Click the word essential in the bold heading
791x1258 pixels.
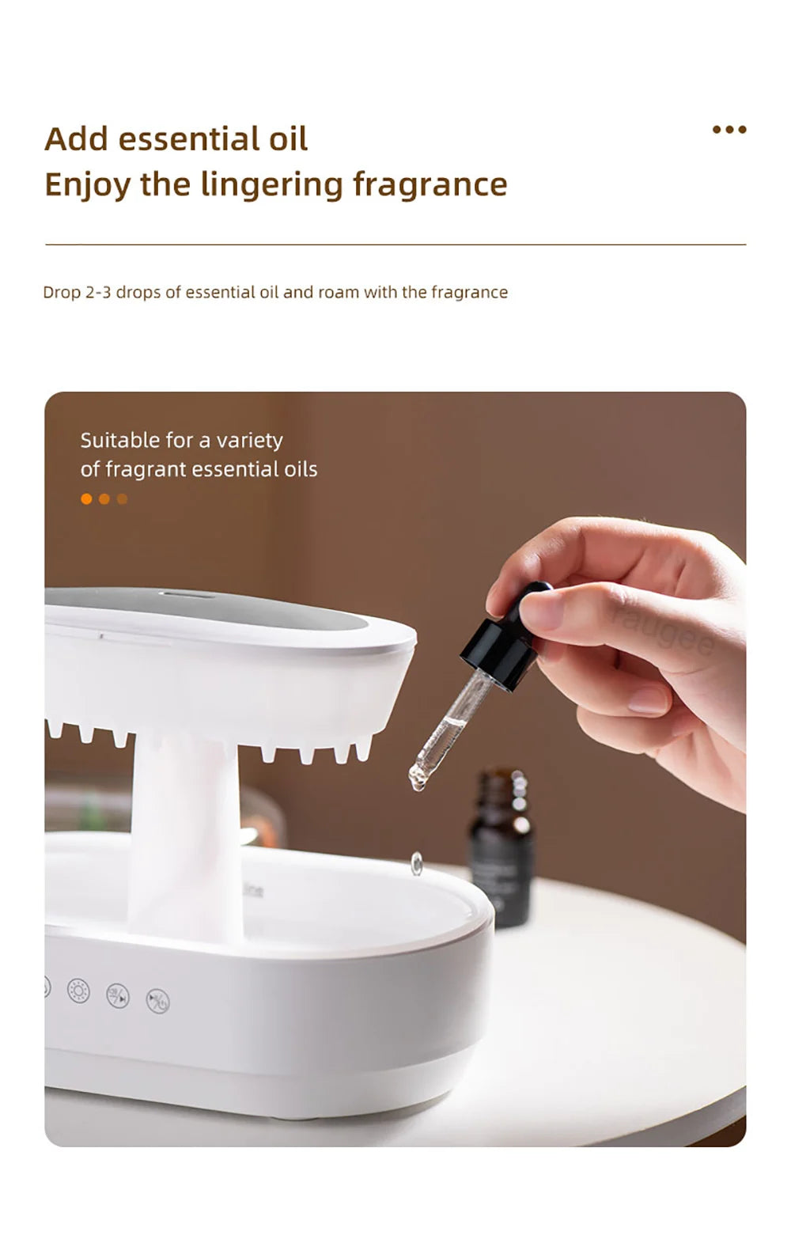(x=189, y=139)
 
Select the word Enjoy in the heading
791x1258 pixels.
(x=87, y=184)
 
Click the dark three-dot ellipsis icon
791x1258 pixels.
(x=729, y=130)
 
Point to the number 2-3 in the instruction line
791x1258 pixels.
(x=98, y=292)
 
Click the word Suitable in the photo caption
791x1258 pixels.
(x=119, y=440)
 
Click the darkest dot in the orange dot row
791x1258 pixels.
(x=122, y=498)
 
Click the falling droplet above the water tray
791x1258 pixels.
(x=416, y=863)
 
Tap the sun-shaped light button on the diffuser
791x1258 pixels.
(x=78, y=991)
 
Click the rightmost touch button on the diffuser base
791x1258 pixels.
(x=158, y=1002)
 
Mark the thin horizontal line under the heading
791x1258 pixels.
(x=395, y=244)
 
